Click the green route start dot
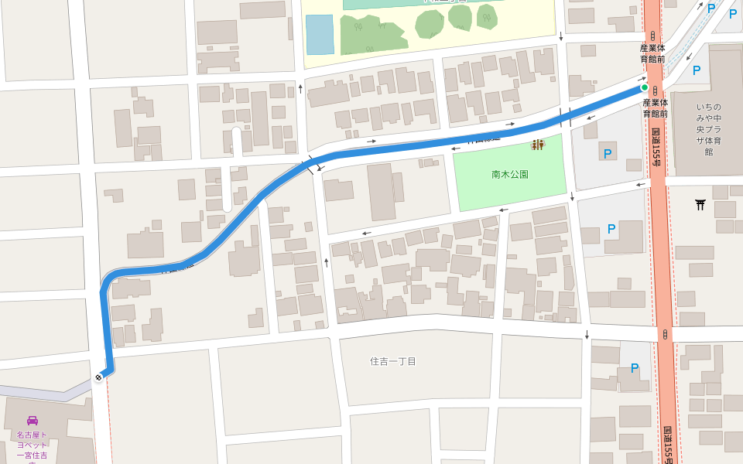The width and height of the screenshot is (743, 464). [x=644, y=87]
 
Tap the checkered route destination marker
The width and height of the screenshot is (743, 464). [x=98, y=377]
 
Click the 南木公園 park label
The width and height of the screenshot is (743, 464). [x=509, y=175]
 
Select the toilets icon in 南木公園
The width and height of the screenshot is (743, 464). [x=537, y=145]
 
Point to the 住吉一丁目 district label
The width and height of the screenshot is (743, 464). [x=392, y=361]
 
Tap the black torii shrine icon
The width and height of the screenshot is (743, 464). [x=700, y=204]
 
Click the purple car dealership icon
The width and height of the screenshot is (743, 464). [x=32, y=421]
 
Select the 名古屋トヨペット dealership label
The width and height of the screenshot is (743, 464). [x=32, y=445]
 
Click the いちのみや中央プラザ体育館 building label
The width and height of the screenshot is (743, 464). [x=708, y=129]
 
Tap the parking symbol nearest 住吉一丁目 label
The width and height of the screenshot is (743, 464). [x=634, y=368]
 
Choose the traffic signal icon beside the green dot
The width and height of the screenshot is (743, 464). [x=655, y=91]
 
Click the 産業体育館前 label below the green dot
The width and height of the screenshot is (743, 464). [x=655, y=107]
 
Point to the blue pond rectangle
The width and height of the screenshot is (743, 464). [x=319, y=34]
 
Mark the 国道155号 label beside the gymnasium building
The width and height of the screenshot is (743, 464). [x=656, y=147]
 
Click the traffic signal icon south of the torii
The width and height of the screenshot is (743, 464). [x=665, y=334]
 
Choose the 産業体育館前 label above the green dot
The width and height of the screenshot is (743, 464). [x=653, y=53]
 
